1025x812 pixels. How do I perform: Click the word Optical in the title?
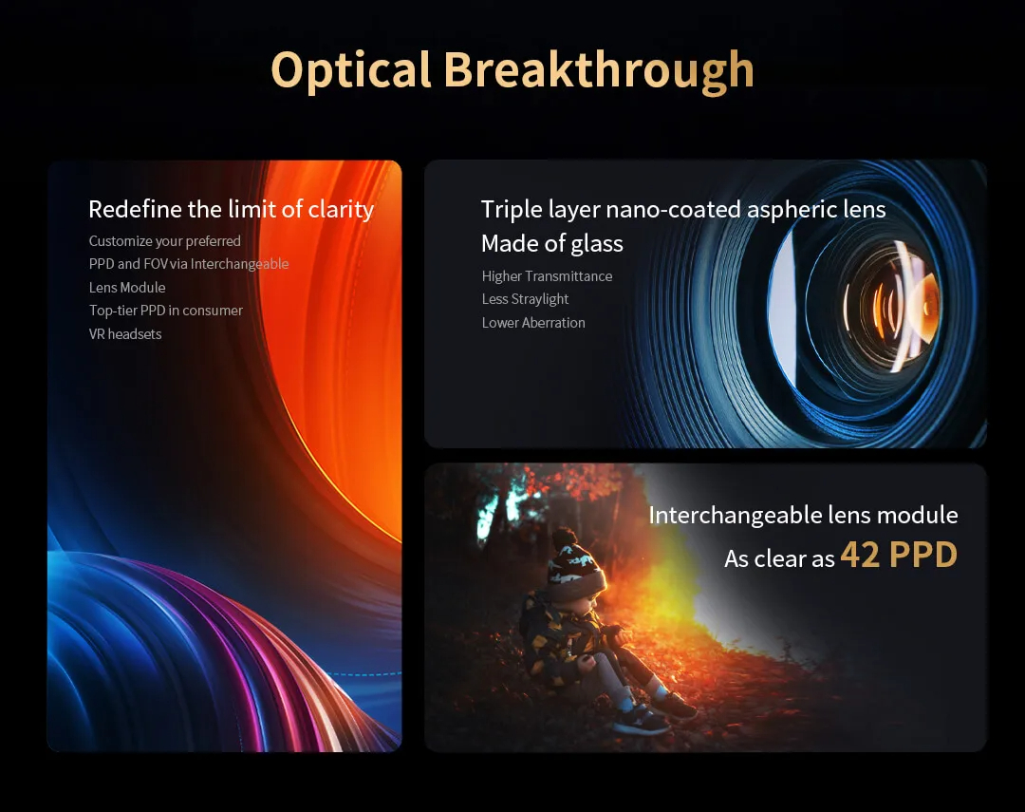tap(351, 70)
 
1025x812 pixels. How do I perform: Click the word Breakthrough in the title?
tap(599, 70)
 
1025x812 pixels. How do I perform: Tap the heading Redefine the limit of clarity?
tap(231, 209)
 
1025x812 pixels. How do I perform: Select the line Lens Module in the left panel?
tap(127, 287)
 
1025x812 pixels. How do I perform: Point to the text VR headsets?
tap(125, 333)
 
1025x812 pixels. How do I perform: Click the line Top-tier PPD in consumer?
tap(165, 311)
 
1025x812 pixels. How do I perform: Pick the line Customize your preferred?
tap(165, 241)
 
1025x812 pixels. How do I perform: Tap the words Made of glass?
tap(551, 243)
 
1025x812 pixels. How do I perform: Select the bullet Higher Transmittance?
tap(547, 276)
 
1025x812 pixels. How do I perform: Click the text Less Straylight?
tap(525, 299)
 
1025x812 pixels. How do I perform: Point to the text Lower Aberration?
tap(532, 323)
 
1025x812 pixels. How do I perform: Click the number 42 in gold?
tap(860, 555)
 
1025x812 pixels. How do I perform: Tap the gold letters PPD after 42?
tap(923, 555)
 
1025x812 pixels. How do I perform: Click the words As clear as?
tap(779, 558)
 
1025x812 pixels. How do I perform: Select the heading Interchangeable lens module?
tap(803, 515)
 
